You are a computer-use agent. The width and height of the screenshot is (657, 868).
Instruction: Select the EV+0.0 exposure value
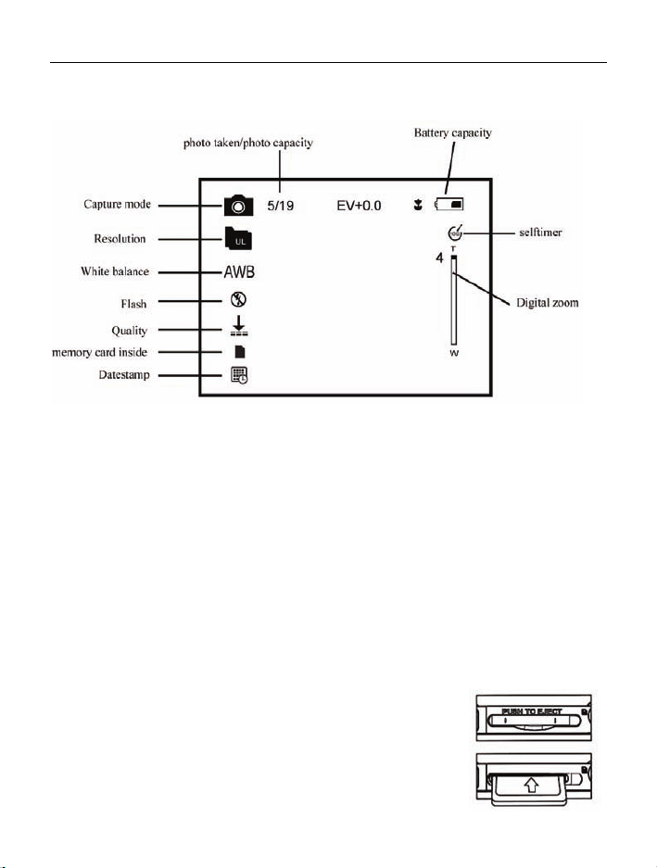point(359,205)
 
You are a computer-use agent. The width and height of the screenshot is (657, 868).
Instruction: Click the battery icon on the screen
point(451,205)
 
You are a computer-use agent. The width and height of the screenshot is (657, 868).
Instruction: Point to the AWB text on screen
point(238,273)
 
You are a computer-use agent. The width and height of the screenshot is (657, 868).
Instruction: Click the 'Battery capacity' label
point(452,133)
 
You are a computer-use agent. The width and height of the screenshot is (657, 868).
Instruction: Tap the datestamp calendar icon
point(238,375)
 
